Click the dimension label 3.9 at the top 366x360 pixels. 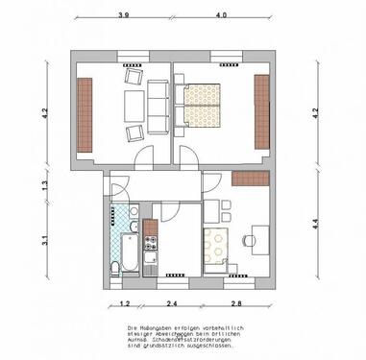[x=123, y=16]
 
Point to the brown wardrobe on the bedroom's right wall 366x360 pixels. [x=260, y=111]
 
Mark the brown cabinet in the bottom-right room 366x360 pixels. [x=249, y=180]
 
